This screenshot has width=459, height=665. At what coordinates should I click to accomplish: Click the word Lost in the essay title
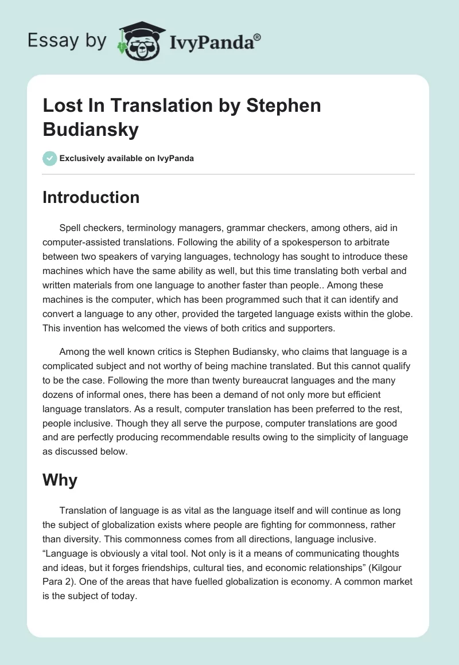coord(60,105)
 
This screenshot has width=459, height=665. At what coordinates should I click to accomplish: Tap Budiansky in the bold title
coord(91,130)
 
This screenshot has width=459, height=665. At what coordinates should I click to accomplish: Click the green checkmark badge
coord(50,158)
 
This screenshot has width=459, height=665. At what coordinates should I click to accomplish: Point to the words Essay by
coord(67,41)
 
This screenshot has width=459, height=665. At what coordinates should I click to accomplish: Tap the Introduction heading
coord(91,197)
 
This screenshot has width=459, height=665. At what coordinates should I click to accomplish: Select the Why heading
coord(60,480)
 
